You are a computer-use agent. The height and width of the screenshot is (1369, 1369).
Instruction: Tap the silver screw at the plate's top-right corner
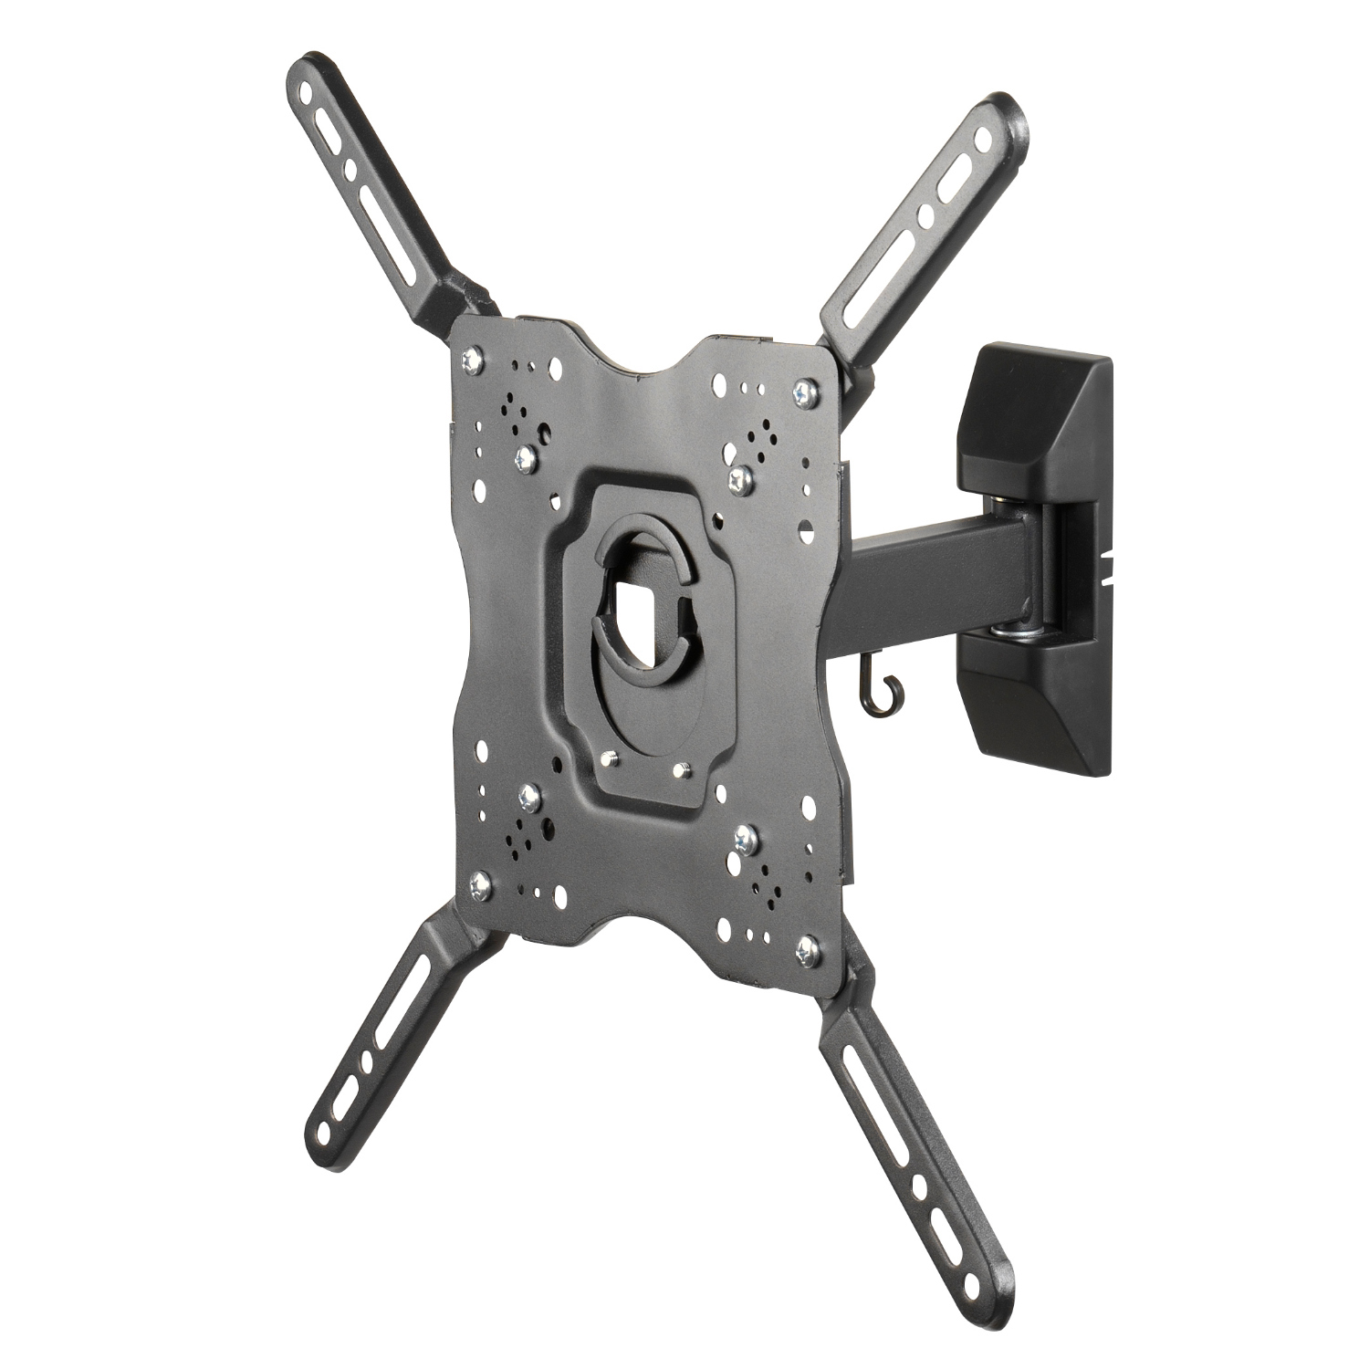(x=803, y=392)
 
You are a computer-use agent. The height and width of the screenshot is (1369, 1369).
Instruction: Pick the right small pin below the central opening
(x=676, y=769)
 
